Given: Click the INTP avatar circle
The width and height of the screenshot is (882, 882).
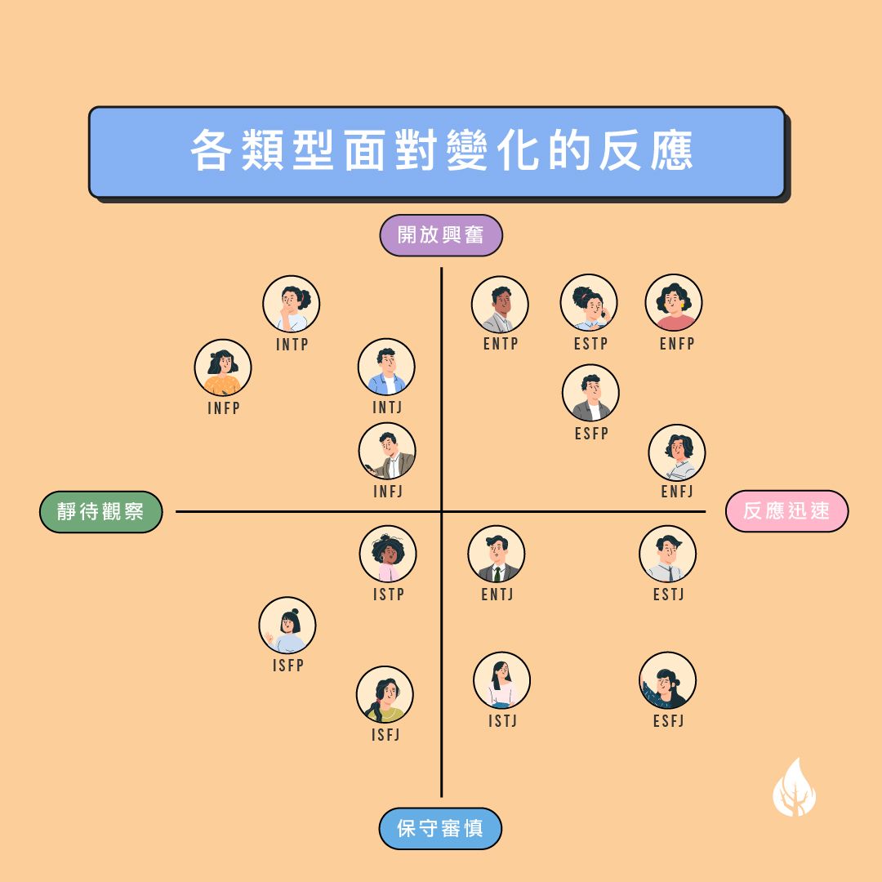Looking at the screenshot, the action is (x=292, y=304).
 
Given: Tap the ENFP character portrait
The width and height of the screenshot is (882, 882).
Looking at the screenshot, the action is (x=673, y=303).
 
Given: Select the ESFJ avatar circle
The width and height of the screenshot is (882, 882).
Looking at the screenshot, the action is (x=668, y=680).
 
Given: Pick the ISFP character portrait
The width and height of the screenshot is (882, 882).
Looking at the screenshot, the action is (x=287, y=626).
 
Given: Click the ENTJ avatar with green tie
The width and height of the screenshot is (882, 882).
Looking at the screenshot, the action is (x=497, y=554).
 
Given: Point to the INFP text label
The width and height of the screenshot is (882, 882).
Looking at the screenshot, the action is (x=224, y=408).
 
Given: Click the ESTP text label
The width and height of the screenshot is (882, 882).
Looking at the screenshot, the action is (x=590, y=343).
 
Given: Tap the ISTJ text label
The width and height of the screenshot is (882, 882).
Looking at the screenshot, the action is (x=502, y=720).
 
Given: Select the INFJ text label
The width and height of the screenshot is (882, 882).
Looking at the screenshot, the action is (x=388, y=491).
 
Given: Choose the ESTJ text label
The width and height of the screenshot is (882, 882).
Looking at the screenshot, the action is (x=668, y=594).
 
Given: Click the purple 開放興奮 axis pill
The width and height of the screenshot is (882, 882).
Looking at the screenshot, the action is (x=441, y=235).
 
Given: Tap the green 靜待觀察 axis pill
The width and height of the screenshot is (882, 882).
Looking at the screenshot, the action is (x=100, y=512).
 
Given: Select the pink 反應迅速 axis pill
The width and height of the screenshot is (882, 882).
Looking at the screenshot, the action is (x=787, y=510).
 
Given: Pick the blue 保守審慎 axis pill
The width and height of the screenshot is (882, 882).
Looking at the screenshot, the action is (x=440, y=829).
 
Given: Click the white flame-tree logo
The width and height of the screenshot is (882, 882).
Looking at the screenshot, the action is (x=795, y=789).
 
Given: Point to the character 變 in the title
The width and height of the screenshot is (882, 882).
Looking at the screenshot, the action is (x=467, y=150).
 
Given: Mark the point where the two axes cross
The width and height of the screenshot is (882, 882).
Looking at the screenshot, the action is (x=442, y=512).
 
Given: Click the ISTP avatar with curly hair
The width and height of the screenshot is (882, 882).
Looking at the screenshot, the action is (x=388, y=554).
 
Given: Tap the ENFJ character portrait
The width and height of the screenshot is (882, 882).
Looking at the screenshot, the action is (x=677, y=452).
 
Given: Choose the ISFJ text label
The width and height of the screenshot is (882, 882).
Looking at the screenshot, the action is (x=385, y=735).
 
